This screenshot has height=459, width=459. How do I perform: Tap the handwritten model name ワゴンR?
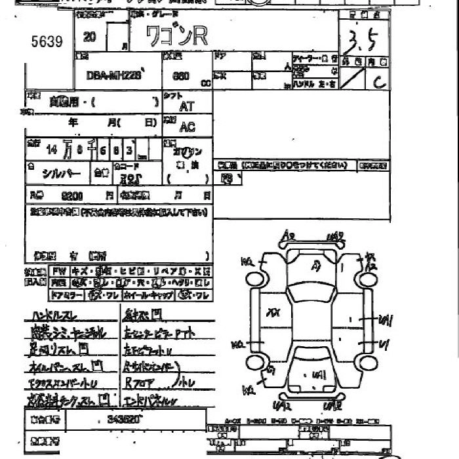pyautogui.click(x=176, y=35)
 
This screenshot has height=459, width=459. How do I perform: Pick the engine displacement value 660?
pyautogui.click(x=180, y=75)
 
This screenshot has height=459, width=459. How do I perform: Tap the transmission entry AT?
pyautogui.click(x=186, y=106)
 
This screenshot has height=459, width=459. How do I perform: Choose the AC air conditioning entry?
pyautogui.click(x=187, y=127)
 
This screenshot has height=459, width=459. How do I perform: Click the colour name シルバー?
pyautogui.click(x=62, y=173)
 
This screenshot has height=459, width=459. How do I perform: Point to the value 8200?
pyautogui.click(x=70, y=195)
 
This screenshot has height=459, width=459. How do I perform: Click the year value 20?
pyautogui.click(x=90, y=37)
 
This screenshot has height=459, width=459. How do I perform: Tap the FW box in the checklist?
pyautogui.click(x=59, y=270)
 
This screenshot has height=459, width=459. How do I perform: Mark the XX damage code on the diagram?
pyautogui.click(x=272, y=313)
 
